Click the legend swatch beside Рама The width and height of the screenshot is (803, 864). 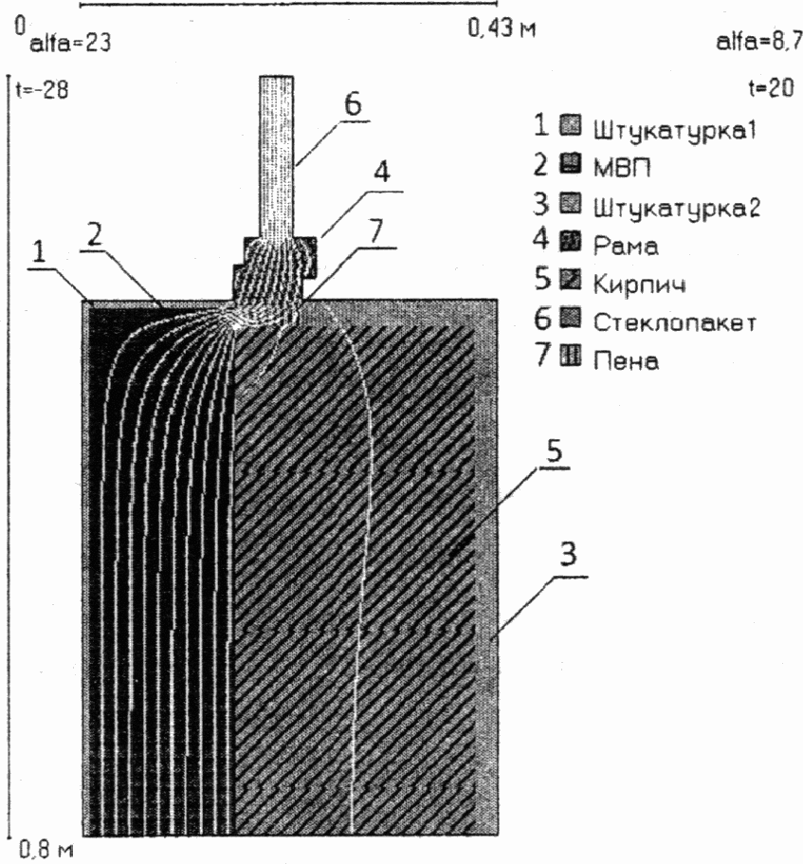[571, 246]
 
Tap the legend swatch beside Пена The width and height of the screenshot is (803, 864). [571, 360]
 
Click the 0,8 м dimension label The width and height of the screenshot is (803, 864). [43, 849]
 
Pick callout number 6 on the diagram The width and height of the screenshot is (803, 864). [353, 104]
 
